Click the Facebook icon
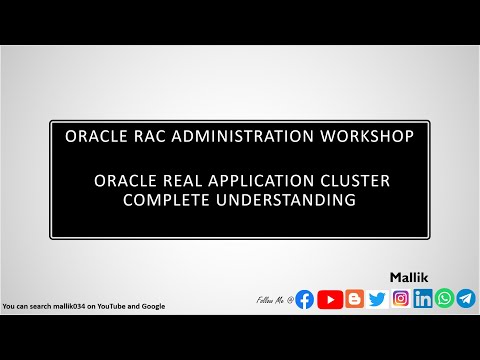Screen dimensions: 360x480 (305, 298)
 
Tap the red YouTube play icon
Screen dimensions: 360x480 (329, 298)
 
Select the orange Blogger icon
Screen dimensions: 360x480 (353, 298)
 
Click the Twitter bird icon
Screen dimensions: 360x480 (377, 298)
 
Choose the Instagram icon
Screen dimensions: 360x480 (401, 298)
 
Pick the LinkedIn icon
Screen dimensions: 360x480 (423, 298)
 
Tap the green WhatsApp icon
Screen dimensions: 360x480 (444, 298)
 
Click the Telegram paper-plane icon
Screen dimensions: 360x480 (466, 298)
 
